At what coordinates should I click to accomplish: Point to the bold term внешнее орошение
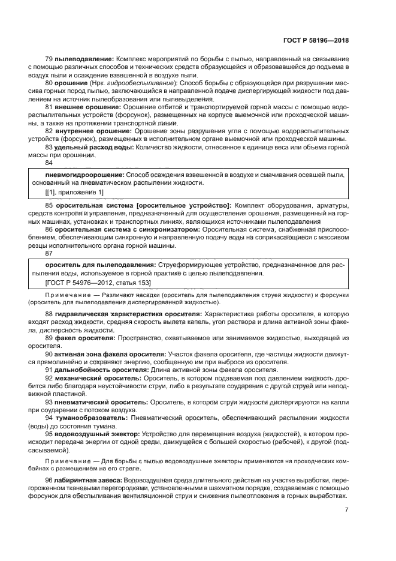pyautogui.click(x=82, y=106)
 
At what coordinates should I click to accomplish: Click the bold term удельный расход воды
pyautogui.click(x=90, y=146)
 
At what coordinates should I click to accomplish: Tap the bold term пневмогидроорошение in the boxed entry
pyautogui.click(x=80, y=174)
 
